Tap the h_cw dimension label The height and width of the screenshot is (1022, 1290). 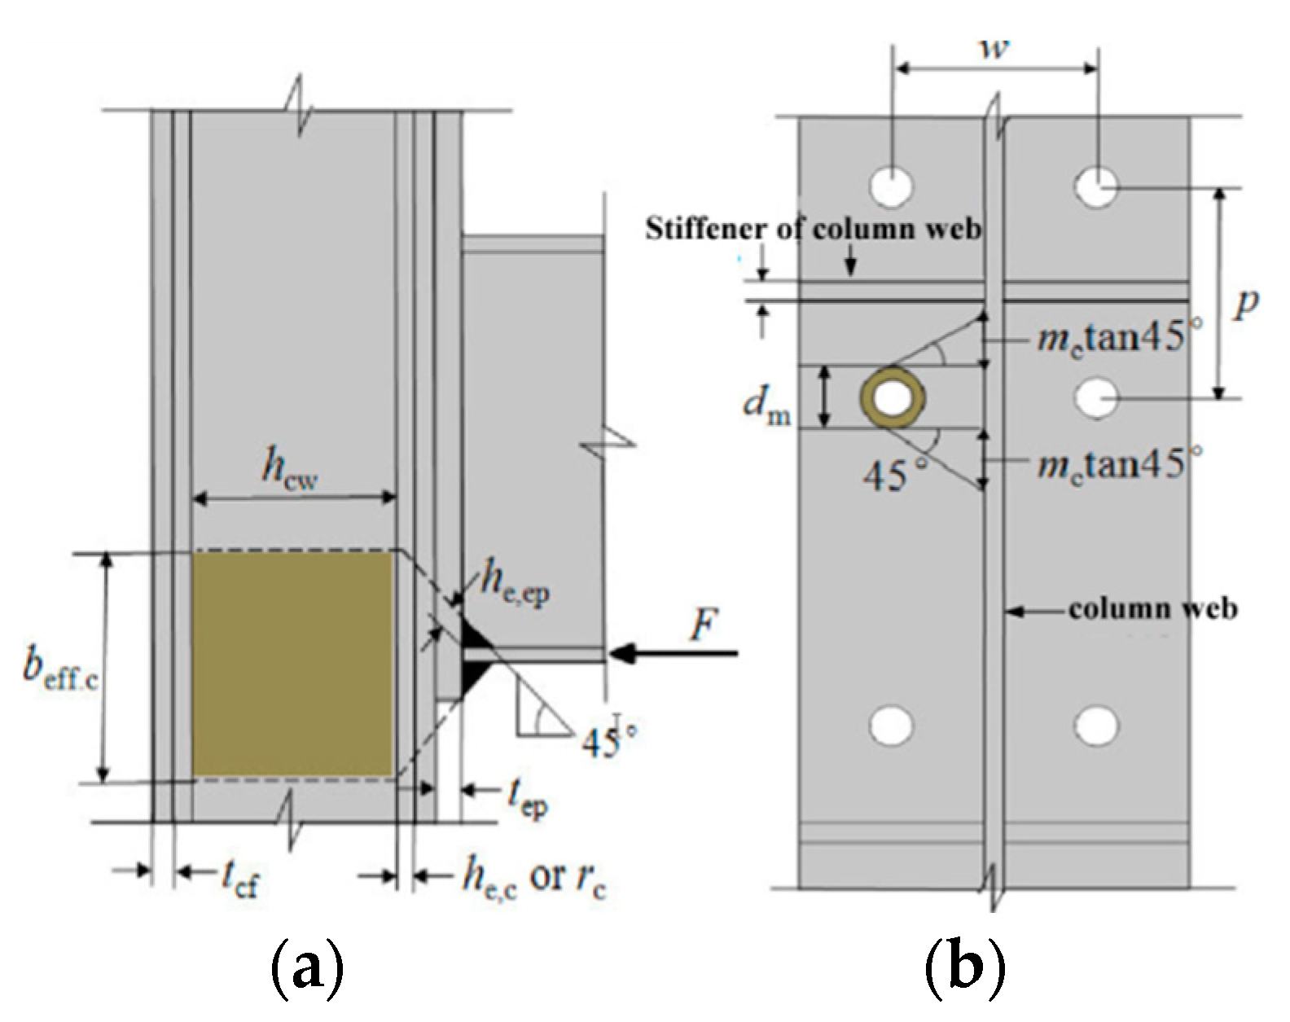coord(288,471)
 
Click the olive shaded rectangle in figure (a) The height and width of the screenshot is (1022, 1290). coord(292,664)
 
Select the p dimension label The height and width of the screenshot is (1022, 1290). coord(1245,304)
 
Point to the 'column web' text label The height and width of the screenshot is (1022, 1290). coord(1152,608)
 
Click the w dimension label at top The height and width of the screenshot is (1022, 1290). coord(994,46)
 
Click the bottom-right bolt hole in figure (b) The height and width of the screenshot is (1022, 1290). coord(1095,725)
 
